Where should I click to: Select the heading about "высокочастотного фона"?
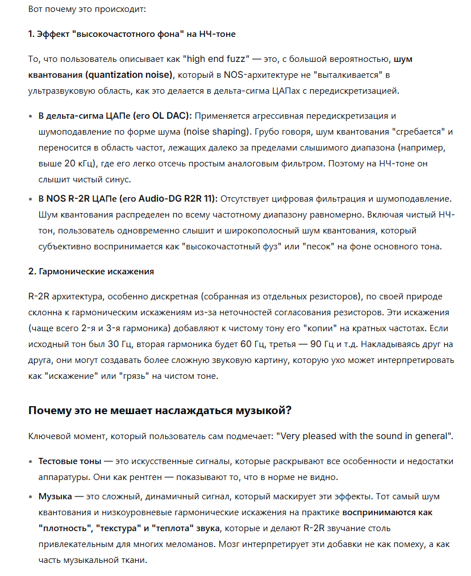tap(131, 34)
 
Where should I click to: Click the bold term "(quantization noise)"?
tap(128, 74)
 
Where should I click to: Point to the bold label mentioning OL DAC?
tap(115, 116)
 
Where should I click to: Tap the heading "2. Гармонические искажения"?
tap(91, 271)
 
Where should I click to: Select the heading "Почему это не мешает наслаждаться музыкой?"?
tap(160, 410)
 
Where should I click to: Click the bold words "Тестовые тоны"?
tap(69, 461)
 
